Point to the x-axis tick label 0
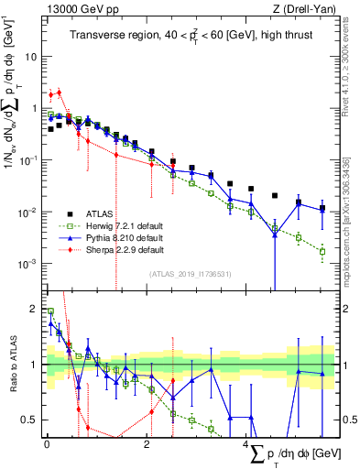click(47, 443)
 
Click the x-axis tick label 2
click(147, 443)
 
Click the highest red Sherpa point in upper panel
click(59, 92)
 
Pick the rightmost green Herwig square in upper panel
click(322, 250)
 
